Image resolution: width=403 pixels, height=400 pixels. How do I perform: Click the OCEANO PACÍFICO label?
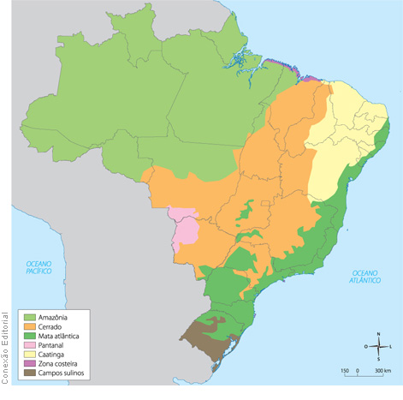(38, 267)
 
